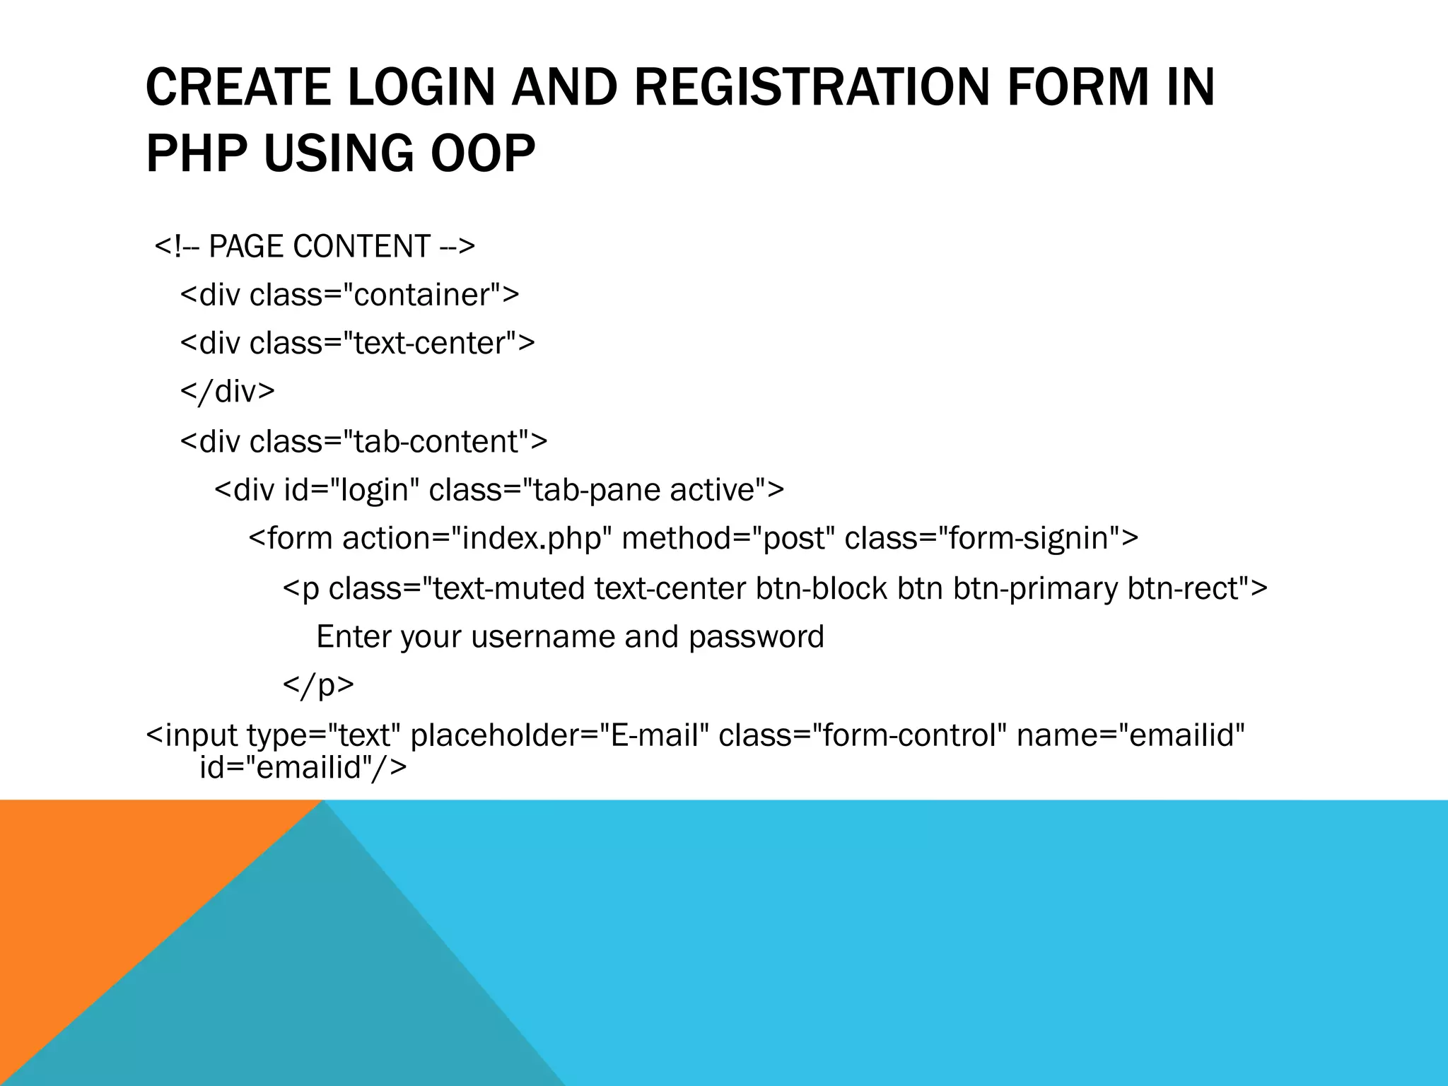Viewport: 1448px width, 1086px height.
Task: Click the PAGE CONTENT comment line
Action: pos(315,246)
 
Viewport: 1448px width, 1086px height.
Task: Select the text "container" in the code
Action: pos(422,295)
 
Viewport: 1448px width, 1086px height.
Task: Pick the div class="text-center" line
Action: pos(358,344)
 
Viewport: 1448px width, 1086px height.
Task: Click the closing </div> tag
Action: pos(228,391)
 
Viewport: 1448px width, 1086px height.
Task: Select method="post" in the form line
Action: pos(728,539)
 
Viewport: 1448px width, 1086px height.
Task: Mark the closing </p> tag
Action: pos(318,684)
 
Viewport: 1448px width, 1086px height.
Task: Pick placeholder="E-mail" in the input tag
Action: pos(559,735)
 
